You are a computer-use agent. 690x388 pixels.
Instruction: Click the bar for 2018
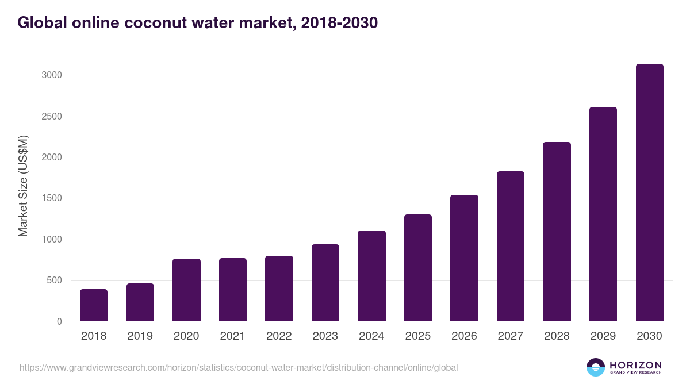pyautogui.click(x=94, y=305)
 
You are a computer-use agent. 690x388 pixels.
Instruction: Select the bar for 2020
pyautogui.click(x=186, y=290)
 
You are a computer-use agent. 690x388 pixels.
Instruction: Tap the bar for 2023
pyautogui.click(x=325, y=283)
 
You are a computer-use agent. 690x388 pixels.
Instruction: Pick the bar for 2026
pyautogui.click(x=464, y=258)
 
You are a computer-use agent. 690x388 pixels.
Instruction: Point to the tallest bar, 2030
pyautogui.click(x=649, y=193)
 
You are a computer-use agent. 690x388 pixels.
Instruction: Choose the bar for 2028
pyautogui.click(x=557, y=232)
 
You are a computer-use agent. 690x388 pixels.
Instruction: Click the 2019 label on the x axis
pyautogui.click(x=140, y=336)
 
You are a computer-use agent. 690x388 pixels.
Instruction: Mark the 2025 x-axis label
pyautogui.click(x=418, y=336)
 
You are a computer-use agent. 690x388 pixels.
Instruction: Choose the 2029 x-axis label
pyautogui.click(x=603, y=336)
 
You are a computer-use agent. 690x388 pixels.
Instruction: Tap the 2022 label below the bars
pyautogui.click(x=279, y=336)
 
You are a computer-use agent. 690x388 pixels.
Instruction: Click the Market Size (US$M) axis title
pyautogui.click(x=23, y=186)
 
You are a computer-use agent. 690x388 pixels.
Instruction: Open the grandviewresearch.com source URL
pyautogui.click(x=239, y=367)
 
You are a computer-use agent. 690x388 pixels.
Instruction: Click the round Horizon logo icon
pyautogui.click(x=596, y=367)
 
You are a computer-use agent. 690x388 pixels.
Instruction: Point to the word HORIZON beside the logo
pyautogui.click(x=635, y=365)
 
